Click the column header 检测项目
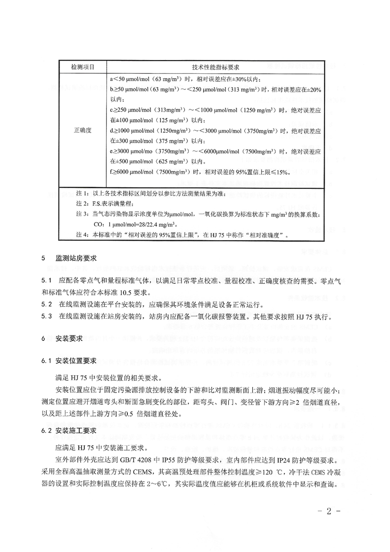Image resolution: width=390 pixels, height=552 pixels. coord(82,66)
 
